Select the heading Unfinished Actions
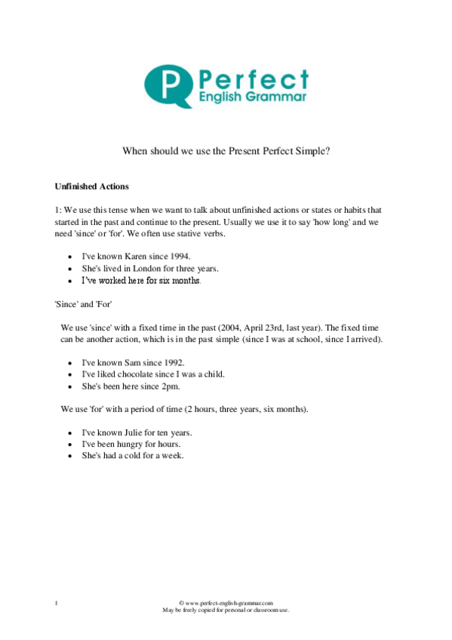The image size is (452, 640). pyautogui.click(x=92, y=186)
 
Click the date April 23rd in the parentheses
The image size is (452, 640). pyautogui.click(x=279, y=328)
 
